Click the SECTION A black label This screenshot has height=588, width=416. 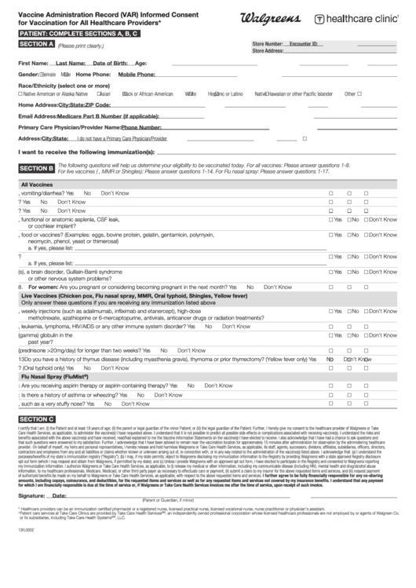click(x=36, y=44)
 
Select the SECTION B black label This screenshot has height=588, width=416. click(x=36, y=168)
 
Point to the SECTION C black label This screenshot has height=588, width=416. click(x=36, y=441)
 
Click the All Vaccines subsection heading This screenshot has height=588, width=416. click(x=36, y=184)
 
